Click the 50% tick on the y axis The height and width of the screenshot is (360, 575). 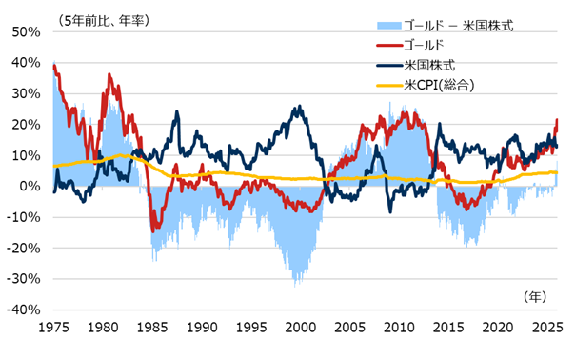(26, 32)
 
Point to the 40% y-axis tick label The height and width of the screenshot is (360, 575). (26, 63)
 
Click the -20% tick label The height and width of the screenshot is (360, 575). (23, 249)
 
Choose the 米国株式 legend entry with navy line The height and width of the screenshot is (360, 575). (430, 65)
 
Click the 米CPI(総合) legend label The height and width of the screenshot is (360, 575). (439, 85)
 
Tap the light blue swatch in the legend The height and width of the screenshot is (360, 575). (388, 25)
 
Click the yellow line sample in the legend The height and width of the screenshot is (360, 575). (388, 85)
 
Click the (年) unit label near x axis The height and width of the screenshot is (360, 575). (537, 297)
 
